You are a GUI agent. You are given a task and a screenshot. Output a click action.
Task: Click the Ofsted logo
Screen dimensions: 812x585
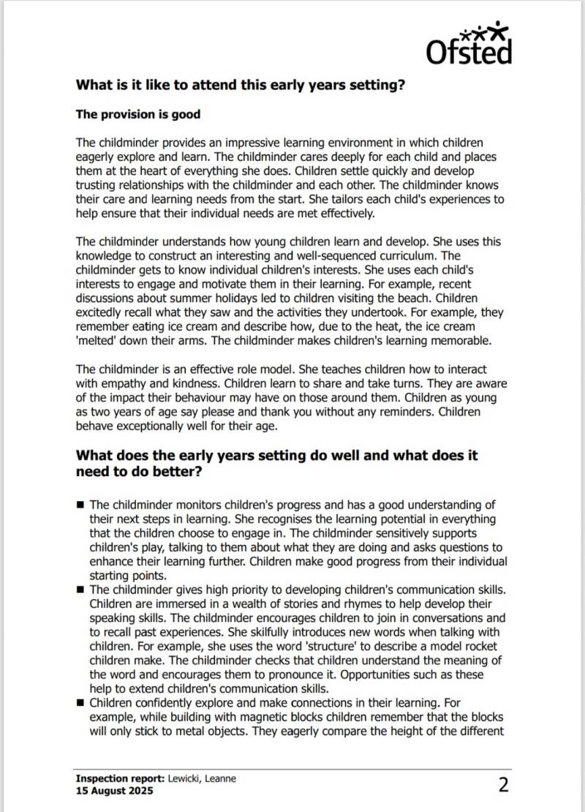click(469, 44)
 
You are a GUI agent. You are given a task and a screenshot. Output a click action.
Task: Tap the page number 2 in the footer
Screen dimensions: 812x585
click(503, 785)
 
